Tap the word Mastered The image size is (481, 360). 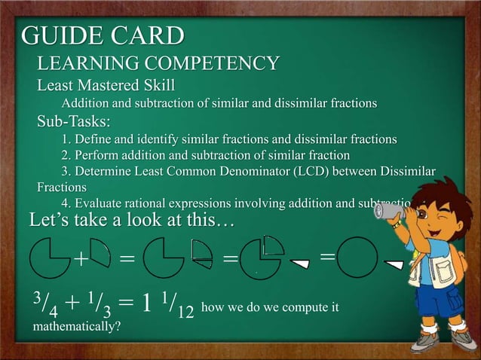click(x=118, y=84)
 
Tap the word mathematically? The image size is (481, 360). click(x=75, y=328)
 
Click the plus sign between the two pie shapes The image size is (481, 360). click(x=80, y=259)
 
